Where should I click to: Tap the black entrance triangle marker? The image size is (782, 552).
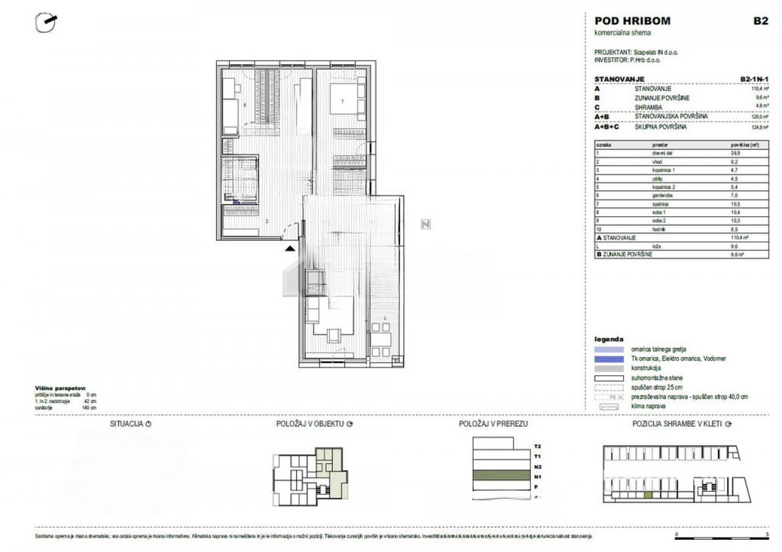[290, 248]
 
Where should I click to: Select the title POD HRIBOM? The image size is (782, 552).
[632, 21]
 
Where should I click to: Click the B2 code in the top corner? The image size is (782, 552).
[760, 21]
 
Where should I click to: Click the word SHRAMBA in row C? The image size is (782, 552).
[648, 107]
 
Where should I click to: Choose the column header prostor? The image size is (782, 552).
[660, 145]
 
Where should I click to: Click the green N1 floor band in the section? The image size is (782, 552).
[500, 475]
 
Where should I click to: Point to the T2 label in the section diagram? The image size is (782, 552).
[537, 447]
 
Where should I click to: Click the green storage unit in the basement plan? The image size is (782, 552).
[648, 494]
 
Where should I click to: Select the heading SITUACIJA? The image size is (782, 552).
[126, 424]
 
